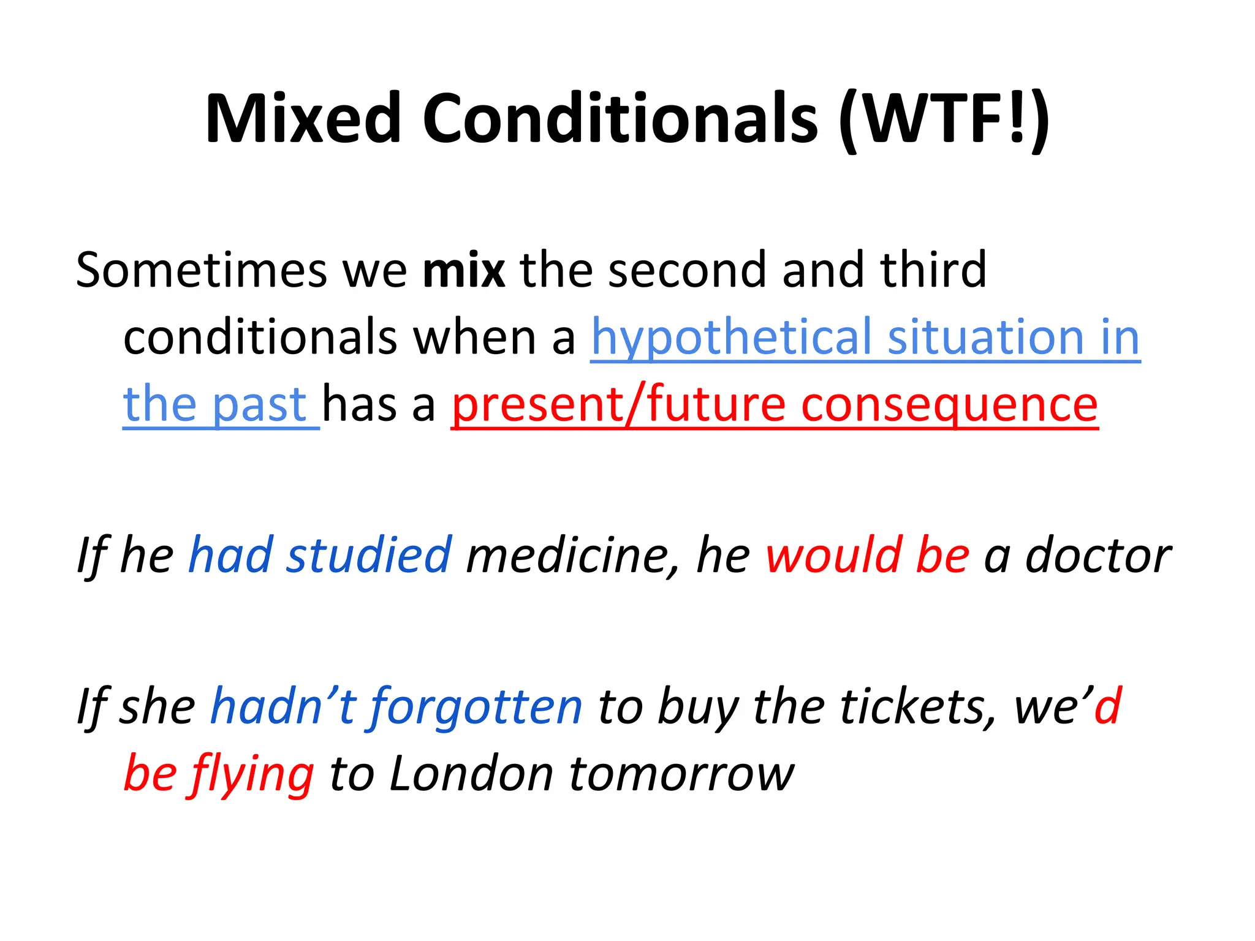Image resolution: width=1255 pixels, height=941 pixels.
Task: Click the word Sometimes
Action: coord(201,270)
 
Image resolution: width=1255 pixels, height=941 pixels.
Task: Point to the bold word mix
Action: coord(464,270)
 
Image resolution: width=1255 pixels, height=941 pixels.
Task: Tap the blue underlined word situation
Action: coord(986,337)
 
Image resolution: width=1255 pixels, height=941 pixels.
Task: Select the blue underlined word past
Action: coord(259,406)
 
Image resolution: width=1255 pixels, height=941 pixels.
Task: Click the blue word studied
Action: coord(369,555)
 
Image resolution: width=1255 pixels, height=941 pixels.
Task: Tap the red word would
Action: coord(833,555)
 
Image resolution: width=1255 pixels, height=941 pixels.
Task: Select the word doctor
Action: coord(1098,555)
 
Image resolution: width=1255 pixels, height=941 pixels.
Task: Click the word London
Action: coord(472,774)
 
